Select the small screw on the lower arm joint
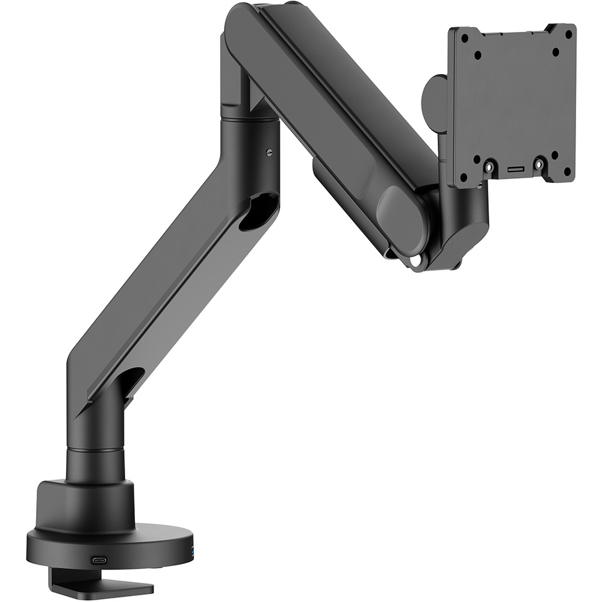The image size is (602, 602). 268,150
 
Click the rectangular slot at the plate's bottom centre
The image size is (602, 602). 515,171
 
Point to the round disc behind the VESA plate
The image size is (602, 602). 435,96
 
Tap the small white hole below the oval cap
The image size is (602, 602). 416,261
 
